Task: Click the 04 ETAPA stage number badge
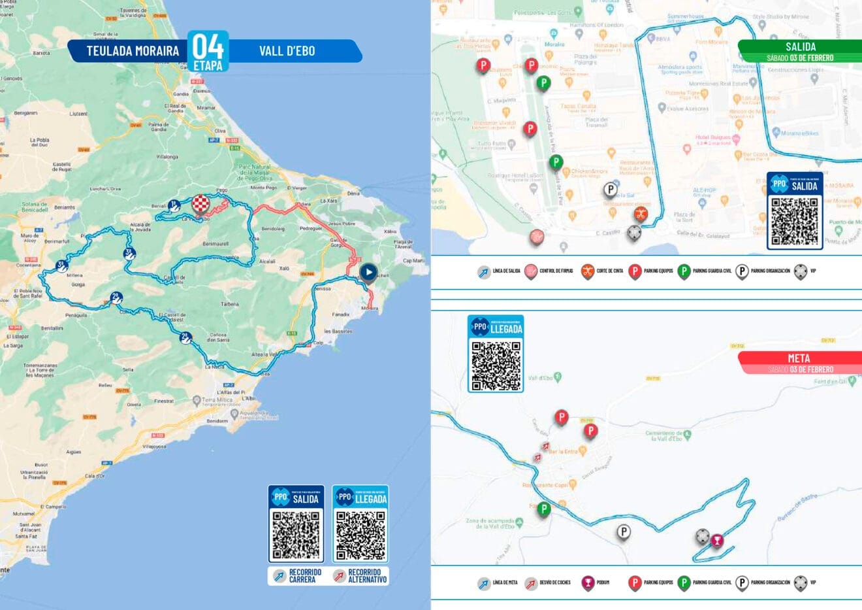click(x=208, y=50)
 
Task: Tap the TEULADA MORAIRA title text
click(x=133, y=51)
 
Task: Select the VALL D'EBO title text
click(x=287, y=51)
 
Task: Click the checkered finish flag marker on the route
click(x=201, y=205)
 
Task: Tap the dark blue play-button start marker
click(x=368, y=272)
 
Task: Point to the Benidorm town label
click(x=217, y=421)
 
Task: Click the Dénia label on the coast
click(x=353, y=194)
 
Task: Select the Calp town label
click(x=318, y=343)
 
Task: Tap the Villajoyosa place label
click(x=155, y=447)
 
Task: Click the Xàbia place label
click(x=390, y=231)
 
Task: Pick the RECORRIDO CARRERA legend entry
click(x=298, y=576)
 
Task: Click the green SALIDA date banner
click(x=800, y=51)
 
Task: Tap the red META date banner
click(x=800, y=363)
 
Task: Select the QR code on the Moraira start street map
click(x=794, y=221)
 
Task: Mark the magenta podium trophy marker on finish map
click(x=718, y=541)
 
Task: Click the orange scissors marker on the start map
click(x=641, y=214)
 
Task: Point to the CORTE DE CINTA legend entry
click(x=601, y=271)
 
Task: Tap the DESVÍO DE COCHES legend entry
click(x=549, y=583)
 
